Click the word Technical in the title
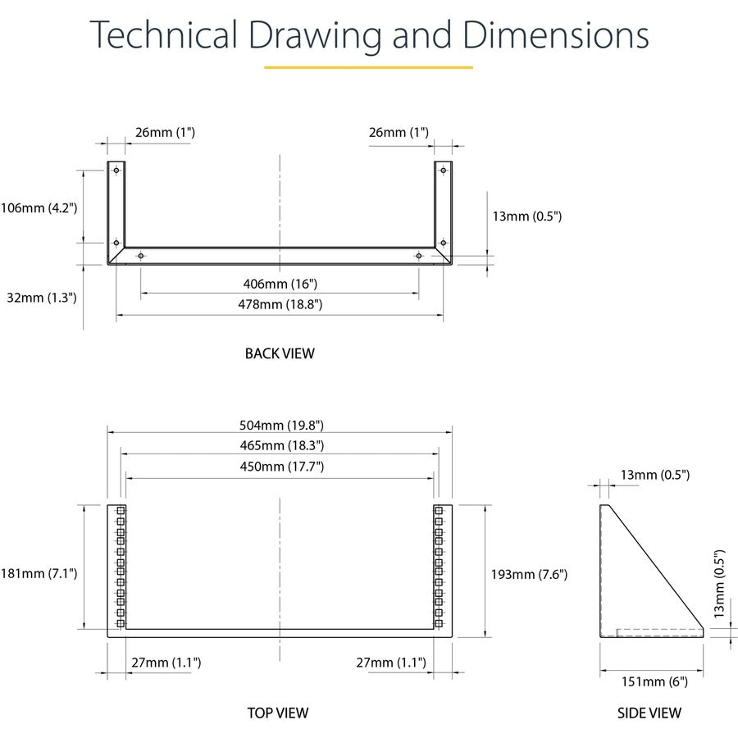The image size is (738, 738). click(163, 34)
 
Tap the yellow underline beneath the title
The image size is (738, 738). click(368, 67)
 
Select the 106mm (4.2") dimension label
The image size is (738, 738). click(39, 208)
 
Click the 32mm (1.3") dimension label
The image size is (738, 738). click(42, 298)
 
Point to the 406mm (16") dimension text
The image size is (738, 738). click(280, 284)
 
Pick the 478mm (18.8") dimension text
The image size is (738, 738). click(280, 304)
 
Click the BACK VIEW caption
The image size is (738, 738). click(280, 353)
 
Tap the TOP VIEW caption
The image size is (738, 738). click(278, 713)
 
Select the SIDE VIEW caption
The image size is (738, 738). click(649, 713)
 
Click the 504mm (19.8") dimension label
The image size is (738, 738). click(281, 426)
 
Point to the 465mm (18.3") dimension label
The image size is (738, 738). click(282, 445)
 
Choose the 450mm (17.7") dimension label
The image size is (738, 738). click(282, 467)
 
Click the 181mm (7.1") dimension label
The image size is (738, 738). click(39, 573)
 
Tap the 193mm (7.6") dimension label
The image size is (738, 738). click(529, 574)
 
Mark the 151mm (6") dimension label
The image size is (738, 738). click(654, 682)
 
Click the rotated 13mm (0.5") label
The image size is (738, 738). click(718, 584)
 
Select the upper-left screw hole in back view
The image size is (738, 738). click(116, 170)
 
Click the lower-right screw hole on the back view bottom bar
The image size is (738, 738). click(419, 256)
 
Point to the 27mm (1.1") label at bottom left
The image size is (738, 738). click(166, 663)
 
